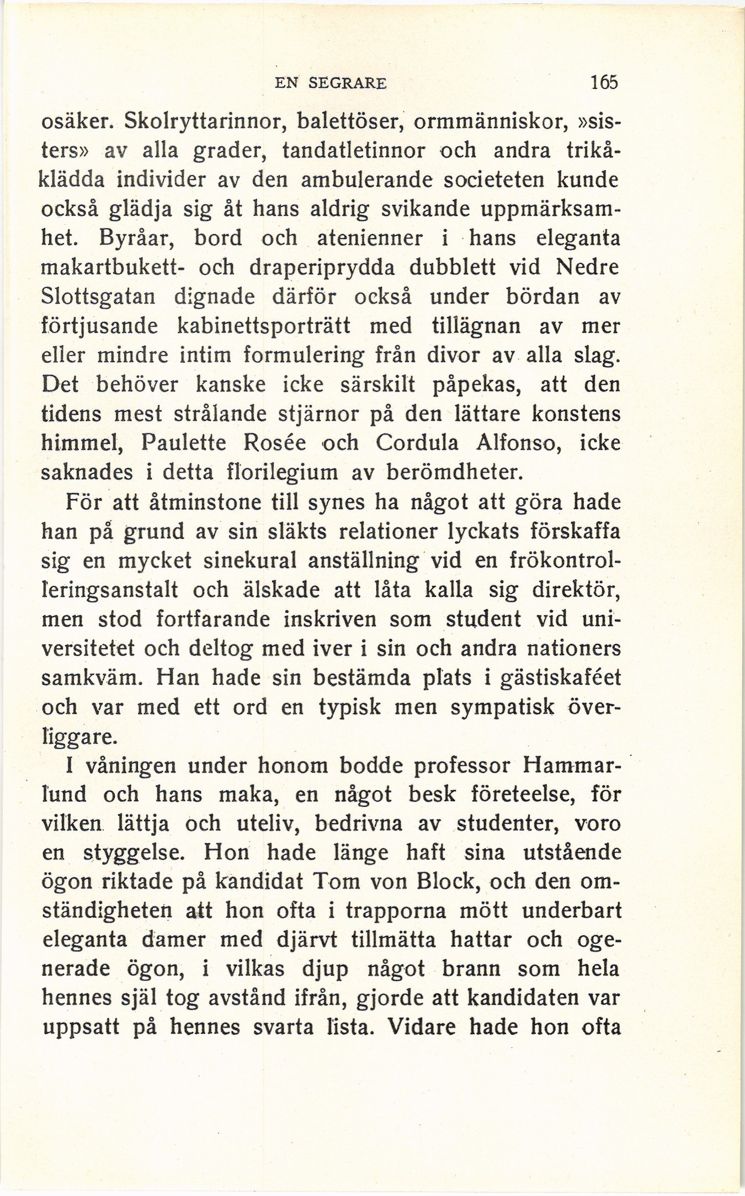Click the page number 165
604,82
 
